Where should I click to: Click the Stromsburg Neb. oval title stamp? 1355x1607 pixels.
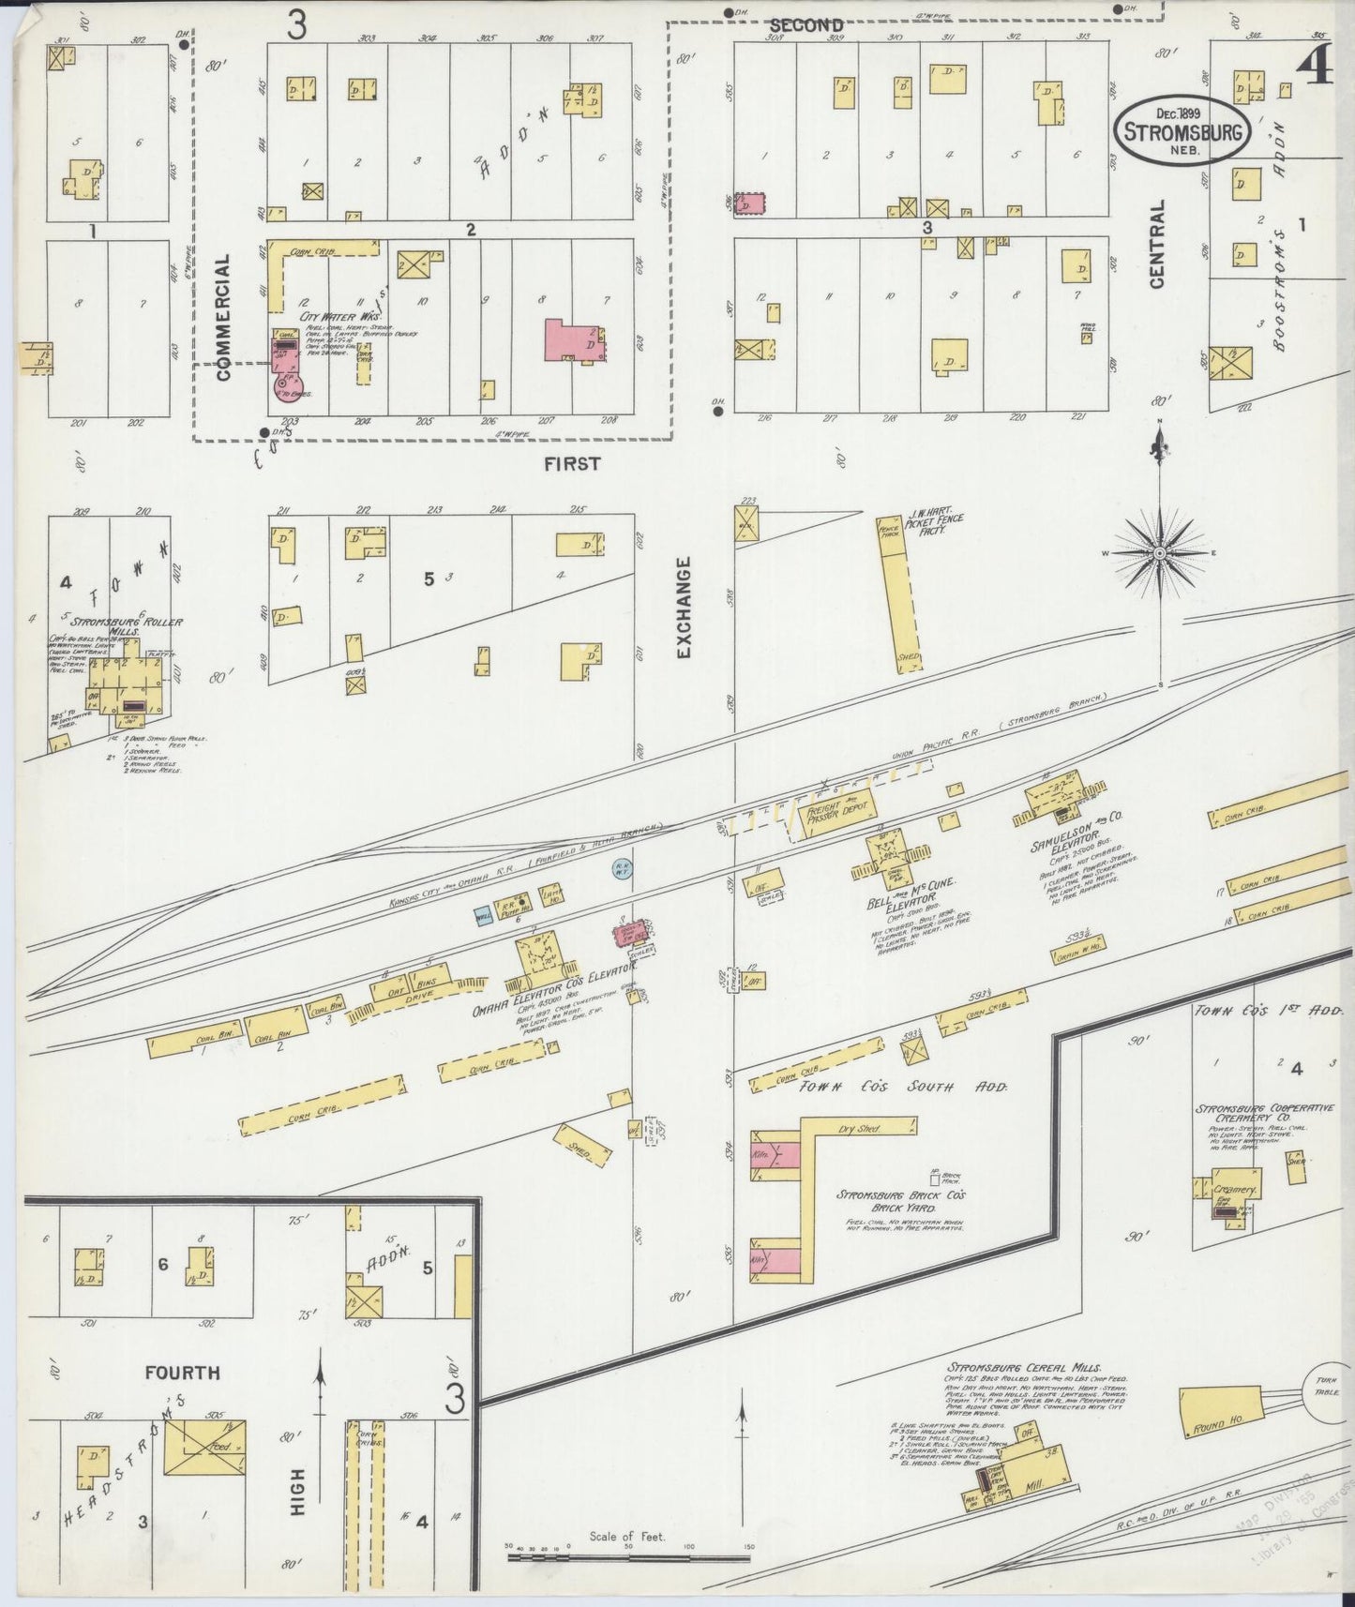(1182, 130)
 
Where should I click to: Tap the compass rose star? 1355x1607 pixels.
(1160, 553)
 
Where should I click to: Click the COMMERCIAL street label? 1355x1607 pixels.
(222, 319)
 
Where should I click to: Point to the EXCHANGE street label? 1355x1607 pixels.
(683, 608)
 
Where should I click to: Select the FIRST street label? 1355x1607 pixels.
(570, 463)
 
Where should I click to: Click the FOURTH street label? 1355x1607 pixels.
(183, 1373)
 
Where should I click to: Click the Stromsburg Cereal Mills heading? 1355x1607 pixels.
(1024, 1367)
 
